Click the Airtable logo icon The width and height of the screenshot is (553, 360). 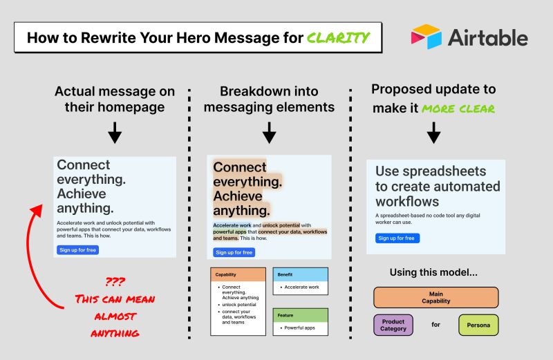[x=427, y=37]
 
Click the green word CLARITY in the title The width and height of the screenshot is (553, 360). [x=340, y=37]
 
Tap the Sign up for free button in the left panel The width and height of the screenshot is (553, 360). [x=77, y=249]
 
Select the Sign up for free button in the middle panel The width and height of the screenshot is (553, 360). [x=233, y=252]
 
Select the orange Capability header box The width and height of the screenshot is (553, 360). [x=238, y=274]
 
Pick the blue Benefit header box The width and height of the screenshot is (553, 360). [x=300, y=274]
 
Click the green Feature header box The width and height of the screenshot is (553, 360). [x=300, y=314]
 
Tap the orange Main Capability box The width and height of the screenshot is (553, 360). [x=435, y=298]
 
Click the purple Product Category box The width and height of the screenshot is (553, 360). [x=393, y=325]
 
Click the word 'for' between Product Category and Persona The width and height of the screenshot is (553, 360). [x=435, y=325]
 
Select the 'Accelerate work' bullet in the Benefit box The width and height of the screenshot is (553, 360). [x=301, y=287]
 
